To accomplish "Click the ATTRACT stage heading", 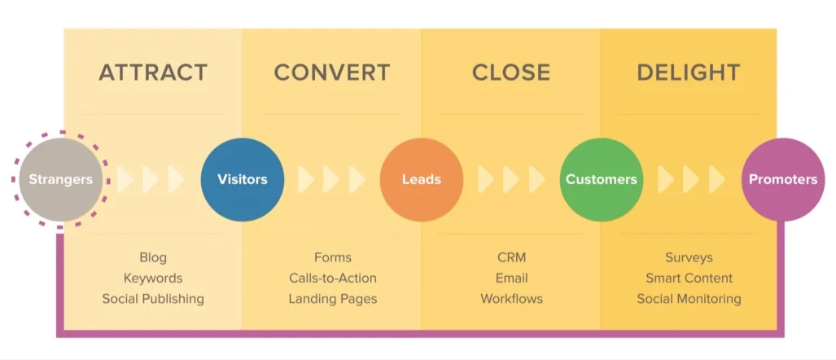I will (153, 72).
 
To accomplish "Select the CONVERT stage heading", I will (332, 72).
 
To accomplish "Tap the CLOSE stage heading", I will (511, 72).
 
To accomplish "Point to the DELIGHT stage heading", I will (689, 72).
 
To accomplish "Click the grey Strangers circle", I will (61, 179).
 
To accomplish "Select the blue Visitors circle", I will (243, 179).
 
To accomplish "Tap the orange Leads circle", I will (422, 179).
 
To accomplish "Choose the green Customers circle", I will (602, 179).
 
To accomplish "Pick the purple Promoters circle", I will (782, 179).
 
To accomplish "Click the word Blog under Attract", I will (153, 257).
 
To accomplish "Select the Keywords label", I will (153, 279).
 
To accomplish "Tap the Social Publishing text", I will (153, 299).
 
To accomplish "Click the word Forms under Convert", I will (332, 257).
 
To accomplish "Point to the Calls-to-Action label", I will (332, 279).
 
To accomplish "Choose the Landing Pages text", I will (332, 299).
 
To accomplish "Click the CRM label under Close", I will (511, 257).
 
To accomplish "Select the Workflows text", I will (511, 299).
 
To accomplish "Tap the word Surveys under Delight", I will (689, 257).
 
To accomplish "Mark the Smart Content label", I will (689, 279).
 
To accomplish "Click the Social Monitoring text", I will (689, 299).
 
